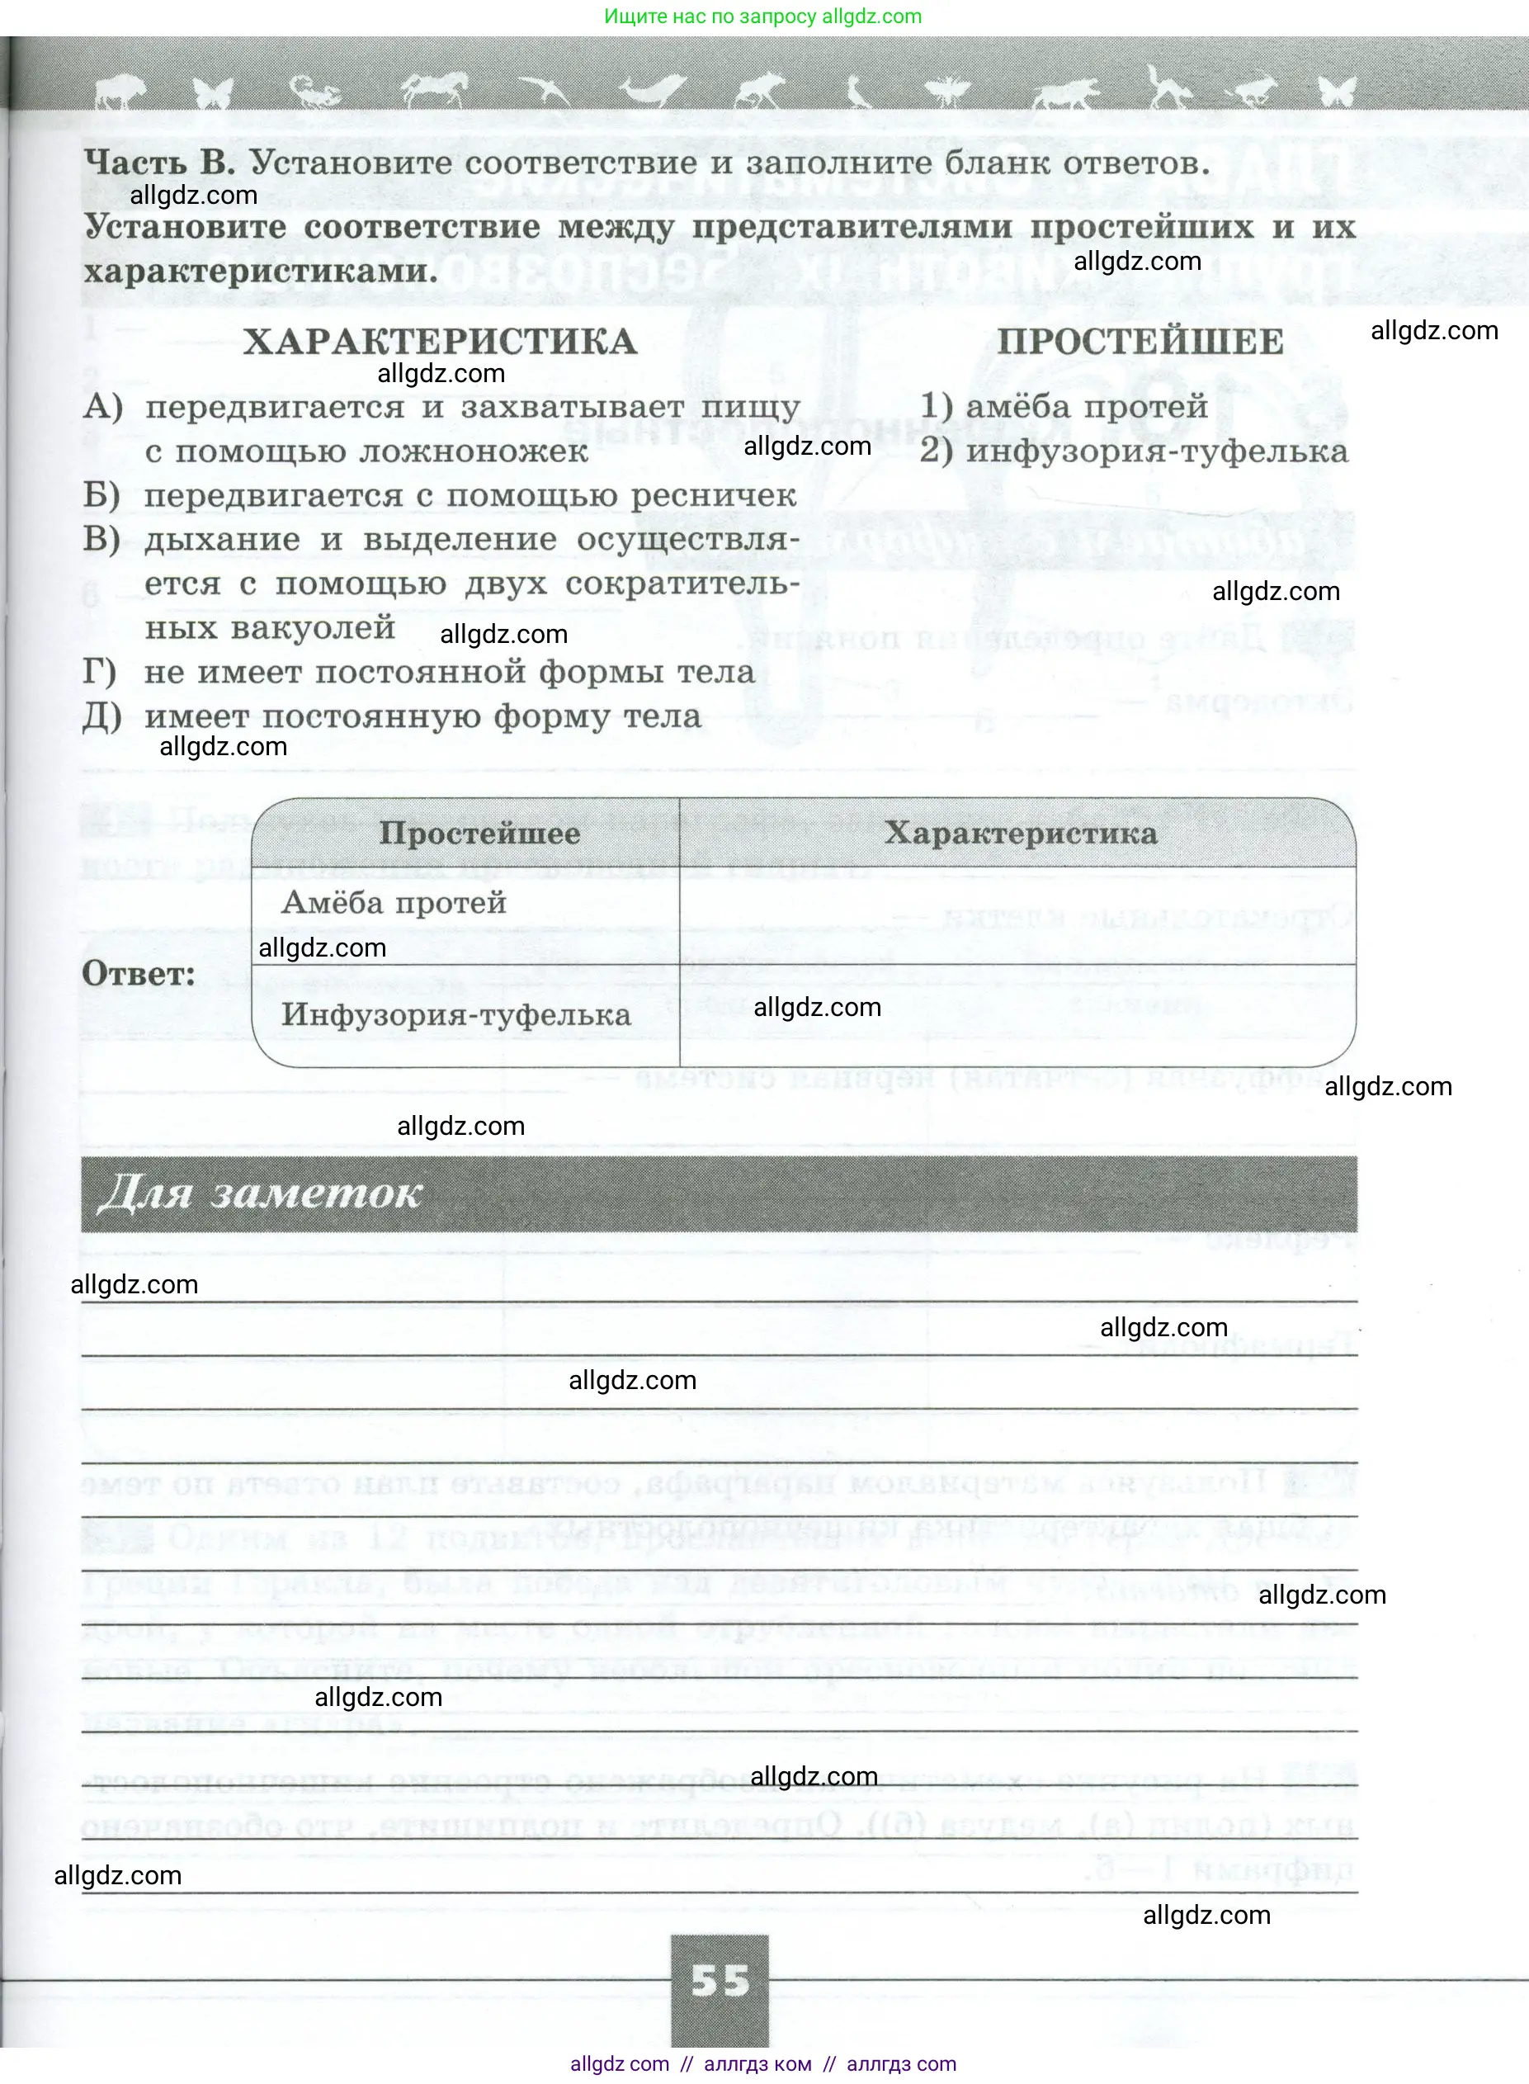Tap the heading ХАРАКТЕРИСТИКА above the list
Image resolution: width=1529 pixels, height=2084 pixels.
[441, 342]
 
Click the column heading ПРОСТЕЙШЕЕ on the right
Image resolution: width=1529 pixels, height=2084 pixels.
[1140, 342]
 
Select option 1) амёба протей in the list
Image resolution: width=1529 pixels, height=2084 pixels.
[1064, 406]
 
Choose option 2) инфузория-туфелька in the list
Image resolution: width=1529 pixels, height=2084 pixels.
[1134, 451]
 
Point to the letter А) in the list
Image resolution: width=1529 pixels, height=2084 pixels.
[101, 406]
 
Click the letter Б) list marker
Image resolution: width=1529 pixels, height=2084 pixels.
[101, 495]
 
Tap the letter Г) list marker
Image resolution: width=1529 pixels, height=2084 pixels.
[100, 672]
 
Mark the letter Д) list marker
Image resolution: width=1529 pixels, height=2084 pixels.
[101, 716]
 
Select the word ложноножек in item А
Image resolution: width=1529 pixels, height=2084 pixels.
[473, 451]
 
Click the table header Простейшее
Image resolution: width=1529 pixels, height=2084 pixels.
[479, 834]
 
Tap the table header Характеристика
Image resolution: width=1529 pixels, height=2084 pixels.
[1020, 834]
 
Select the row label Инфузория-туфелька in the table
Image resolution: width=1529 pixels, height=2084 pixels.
[456, 1014]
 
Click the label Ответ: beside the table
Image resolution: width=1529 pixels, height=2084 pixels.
[139, 973]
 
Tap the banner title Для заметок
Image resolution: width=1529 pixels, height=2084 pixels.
[260, 1193]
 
